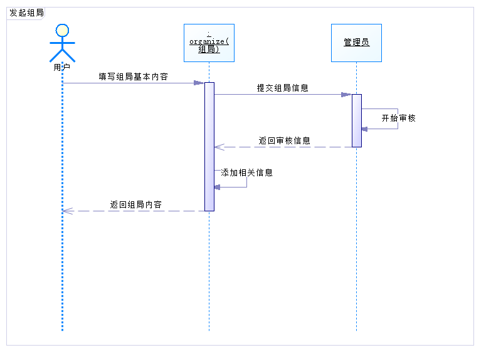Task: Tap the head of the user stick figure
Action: tap(62, 29)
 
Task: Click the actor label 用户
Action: tap(62, 67)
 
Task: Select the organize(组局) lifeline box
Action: tap(209, 43)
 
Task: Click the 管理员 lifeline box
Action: tap(356, 43)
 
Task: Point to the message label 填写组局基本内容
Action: tap(133, 77)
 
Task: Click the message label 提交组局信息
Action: tap(282, 88)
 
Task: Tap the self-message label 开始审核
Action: tap(398, 118)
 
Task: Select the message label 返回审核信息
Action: tap(284, 140)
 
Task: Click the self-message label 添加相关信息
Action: tap(246, 172)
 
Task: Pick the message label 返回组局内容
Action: tap(136, 204)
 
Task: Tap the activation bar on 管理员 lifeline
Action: tap(356, 120)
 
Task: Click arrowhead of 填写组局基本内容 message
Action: tap(199, 83)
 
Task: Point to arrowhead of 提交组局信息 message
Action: tap(346, 95)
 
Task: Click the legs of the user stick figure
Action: tap(62, 55)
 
